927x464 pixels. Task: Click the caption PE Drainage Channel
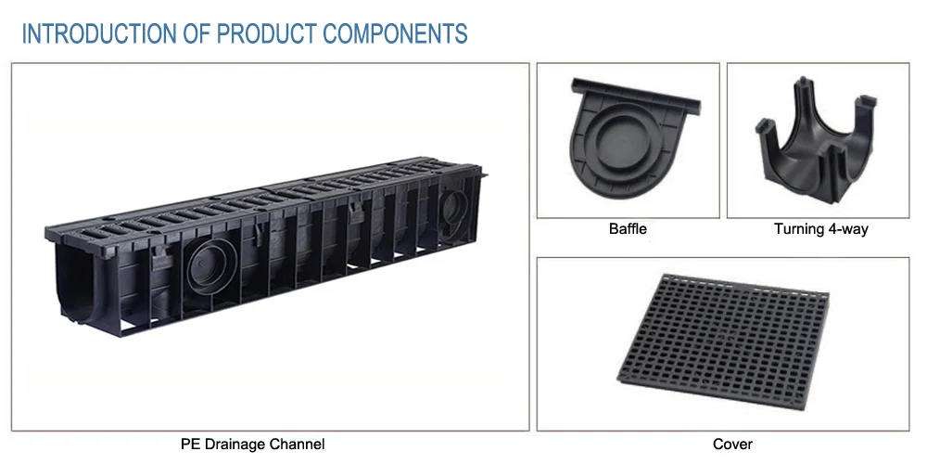point(253,445)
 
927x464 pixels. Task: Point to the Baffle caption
point(628,228)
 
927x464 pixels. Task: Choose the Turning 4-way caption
point(820,228)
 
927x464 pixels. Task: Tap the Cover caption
point(732,445)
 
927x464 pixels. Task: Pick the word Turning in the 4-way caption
point(798,228)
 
